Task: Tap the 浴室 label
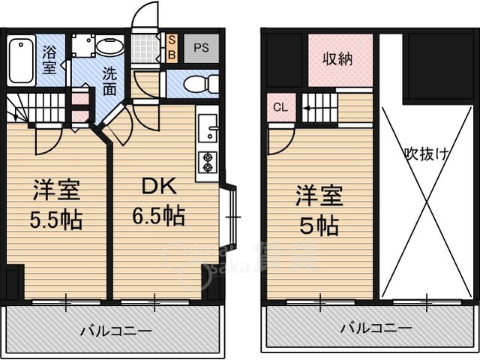pos(50,59)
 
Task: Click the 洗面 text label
pos(109,81)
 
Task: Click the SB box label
pos(172,47)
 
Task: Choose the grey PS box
pos(200,47)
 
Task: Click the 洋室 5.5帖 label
pos(56,204)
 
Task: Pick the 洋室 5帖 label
pos(319,210)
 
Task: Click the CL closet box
pos(279,106)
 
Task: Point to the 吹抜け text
pos(427,155)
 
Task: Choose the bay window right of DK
pos(233,217)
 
